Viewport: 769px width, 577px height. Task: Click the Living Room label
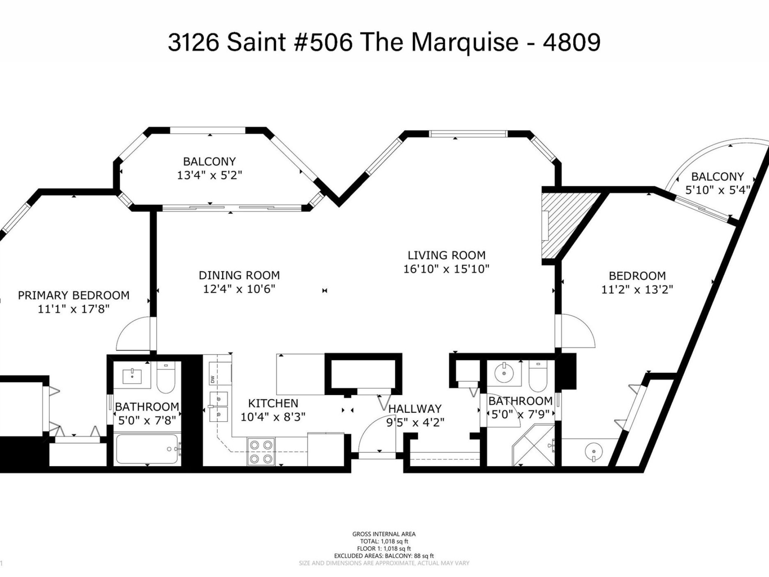446,255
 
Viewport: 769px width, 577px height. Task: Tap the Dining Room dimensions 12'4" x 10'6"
239,289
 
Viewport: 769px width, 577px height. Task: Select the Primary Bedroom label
74,295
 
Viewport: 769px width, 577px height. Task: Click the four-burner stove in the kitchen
261,452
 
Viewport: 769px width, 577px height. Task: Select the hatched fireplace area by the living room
563,225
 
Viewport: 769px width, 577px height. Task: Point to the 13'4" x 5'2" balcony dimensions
210,175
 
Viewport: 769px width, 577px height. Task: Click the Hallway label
415,408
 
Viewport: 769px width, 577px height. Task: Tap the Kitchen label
273,403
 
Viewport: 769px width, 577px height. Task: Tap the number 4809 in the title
571,42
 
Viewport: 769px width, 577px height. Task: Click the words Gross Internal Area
384,534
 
